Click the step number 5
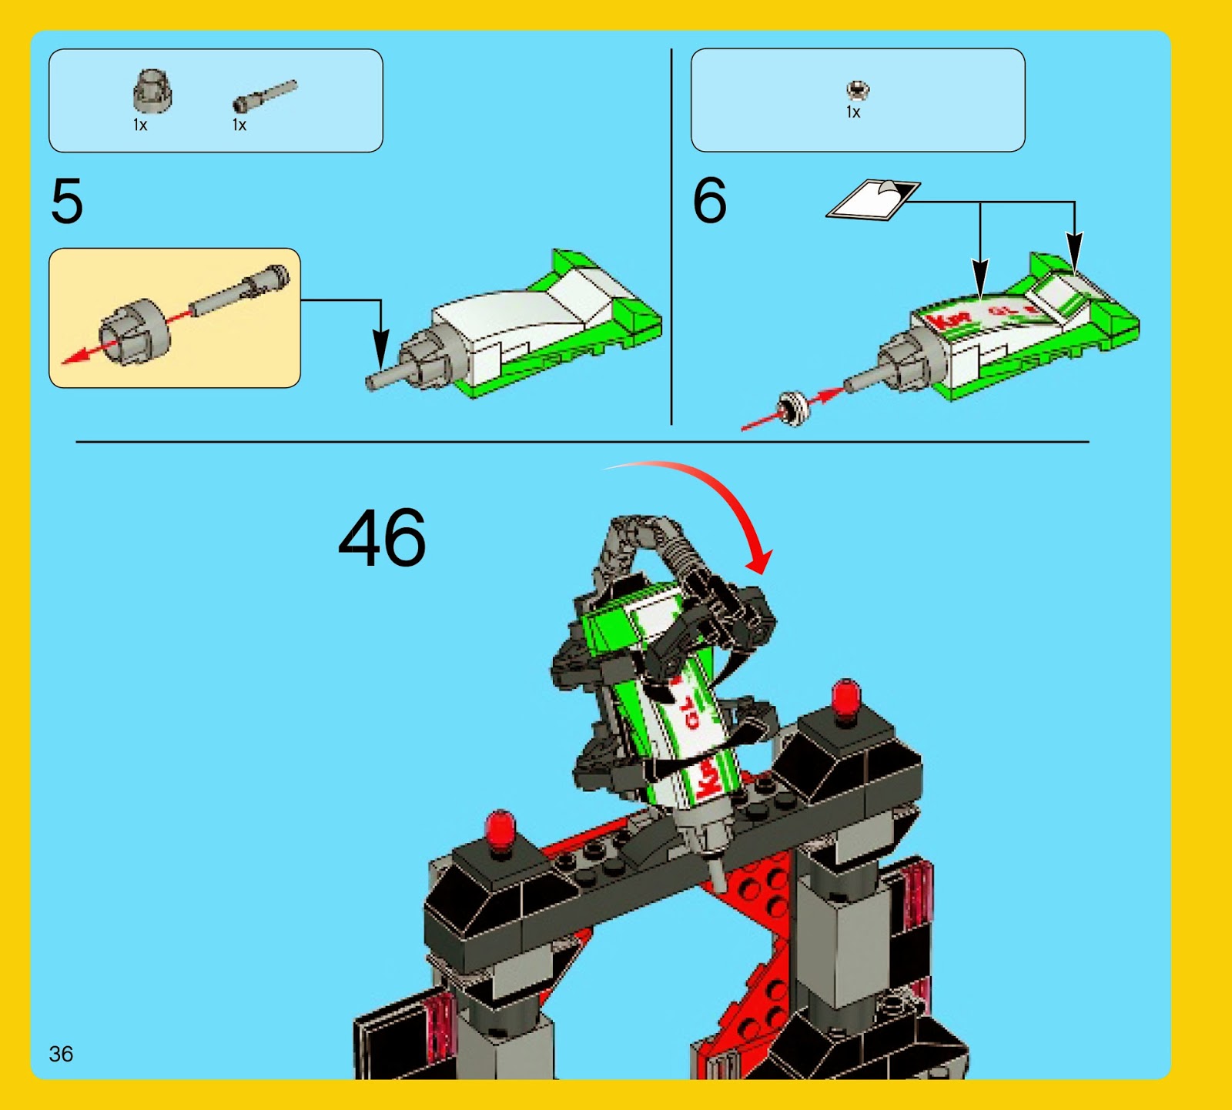(66, 201)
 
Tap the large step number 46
(382, 538)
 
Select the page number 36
(61, 1054)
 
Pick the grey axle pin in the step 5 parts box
(264, 96)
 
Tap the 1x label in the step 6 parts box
(853, 112)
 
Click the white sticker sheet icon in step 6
(872, 200)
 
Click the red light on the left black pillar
(500, 830)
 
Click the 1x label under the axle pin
(239, 125)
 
